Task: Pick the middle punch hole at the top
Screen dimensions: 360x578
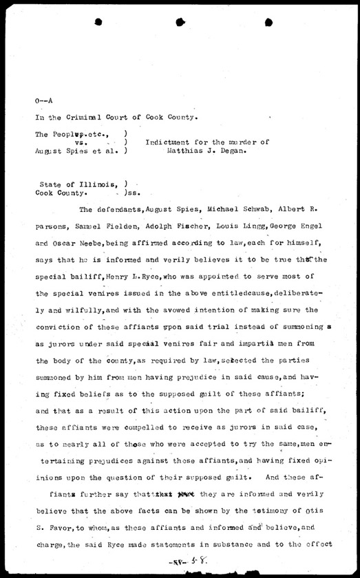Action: pyautogui.click(x=180, y=22)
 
